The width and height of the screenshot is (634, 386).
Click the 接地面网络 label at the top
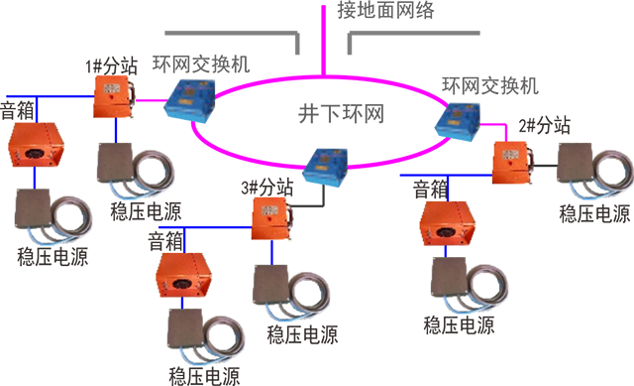click(385, 10)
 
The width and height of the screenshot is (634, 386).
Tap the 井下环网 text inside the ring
click(341, 113)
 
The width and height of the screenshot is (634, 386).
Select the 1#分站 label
click(112, 65)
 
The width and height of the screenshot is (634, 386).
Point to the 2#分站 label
click(544, 126)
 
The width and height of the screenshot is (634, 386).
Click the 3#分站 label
click(266, 188)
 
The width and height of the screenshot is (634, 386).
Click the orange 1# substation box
click(114, 97)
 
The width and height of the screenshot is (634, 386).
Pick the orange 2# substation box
click(512, 163)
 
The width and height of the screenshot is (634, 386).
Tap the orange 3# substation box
click(271, 218)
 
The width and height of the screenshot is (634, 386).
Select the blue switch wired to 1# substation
click(189, 101)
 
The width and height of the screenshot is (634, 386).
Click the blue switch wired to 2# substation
click(458, 121)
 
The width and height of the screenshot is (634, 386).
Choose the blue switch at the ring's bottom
click(326, 167)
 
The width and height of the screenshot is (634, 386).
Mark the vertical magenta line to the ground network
click(324, 40)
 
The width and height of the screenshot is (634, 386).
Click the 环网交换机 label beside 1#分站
click(201, 64)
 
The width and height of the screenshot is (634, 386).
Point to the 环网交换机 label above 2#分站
click(490, 85)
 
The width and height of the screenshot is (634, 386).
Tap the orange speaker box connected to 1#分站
click(37, 145)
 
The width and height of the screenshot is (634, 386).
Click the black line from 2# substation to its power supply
click(545, 166)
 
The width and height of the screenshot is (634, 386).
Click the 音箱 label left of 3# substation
click(165, 241)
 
